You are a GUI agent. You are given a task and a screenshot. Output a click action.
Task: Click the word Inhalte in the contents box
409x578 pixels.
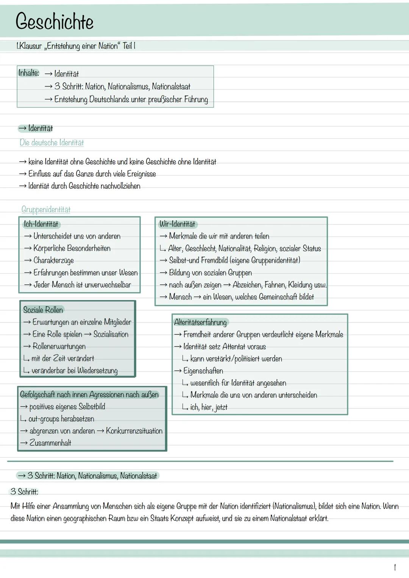pyautogui.click(x=28, y=73)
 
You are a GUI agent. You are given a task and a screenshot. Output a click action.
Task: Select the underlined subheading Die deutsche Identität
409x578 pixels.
pyautogui.click(x=52, y=143)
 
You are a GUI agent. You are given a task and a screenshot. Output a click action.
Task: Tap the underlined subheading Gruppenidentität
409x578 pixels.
pyautogui.click(x=46, y=209)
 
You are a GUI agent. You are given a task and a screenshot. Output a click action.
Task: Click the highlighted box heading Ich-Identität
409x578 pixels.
pyautogui.click(x=41, y=224)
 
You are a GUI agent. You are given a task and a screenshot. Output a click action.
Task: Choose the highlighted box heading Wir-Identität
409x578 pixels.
pyautogui.click(x=177, y=224)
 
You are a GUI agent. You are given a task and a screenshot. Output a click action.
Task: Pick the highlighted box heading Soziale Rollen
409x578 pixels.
pyautogui.click(x=43, y=310)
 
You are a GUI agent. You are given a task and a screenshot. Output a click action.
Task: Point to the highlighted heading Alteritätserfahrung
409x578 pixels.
pyautogui.click(x=200, y=322)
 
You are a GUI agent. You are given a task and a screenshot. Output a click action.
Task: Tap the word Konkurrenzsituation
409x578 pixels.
pyautogui.click(x=134, y=431)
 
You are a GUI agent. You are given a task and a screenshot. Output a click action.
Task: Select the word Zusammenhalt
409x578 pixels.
pyautogui.click(x=50, y=443)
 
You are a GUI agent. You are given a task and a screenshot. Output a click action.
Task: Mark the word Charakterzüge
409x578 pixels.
pyautogui.click(x=53, y=260)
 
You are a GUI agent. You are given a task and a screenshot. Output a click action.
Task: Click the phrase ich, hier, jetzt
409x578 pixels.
pyautogui.click(x=209, y=407)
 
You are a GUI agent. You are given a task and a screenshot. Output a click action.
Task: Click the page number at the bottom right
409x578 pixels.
pyautogui.click(x=395, y=567)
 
